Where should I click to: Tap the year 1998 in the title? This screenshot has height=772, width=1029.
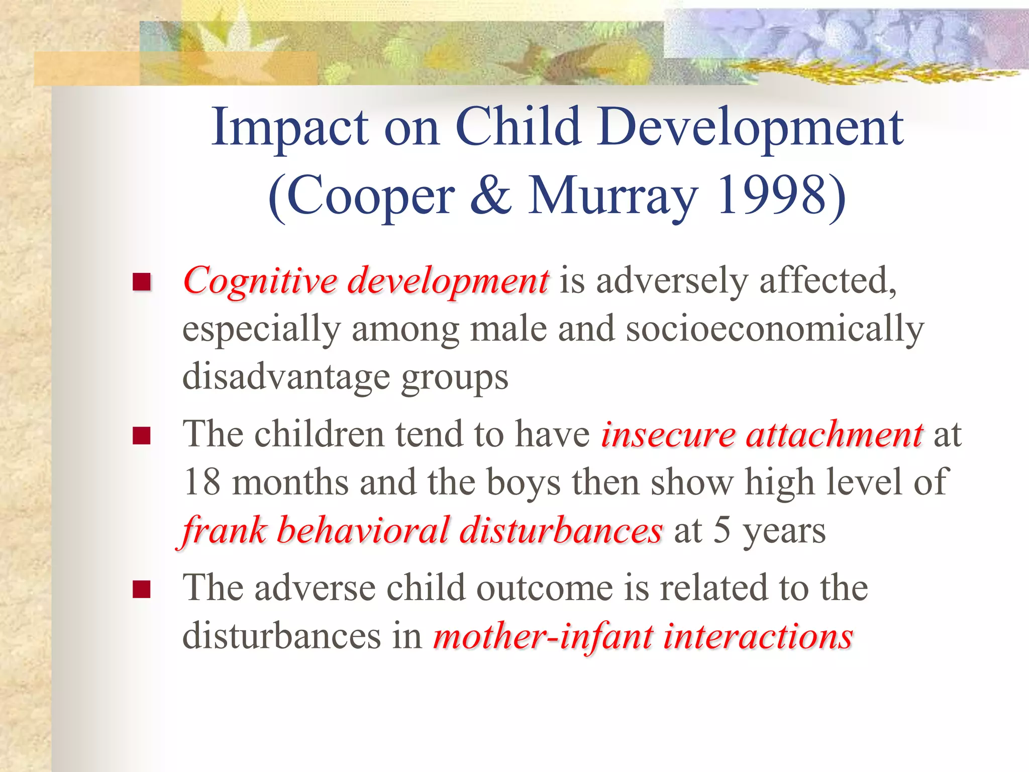tap(771, 196)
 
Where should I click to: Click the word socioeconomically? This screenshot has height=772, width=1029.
tap(774, 330)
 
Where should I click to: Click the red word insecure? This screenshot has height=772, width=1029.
tap(668, 434)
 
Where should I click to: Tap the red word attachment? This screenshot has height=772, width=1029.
tap(834, 434)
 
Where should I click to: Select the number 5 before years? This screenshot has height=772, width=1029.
tap(722, 531)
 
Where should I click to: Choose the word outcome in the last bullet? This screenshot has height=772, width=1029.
tap(544, 589)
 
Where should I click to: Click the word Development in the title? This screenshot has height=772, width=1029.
tap(751, 128)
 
